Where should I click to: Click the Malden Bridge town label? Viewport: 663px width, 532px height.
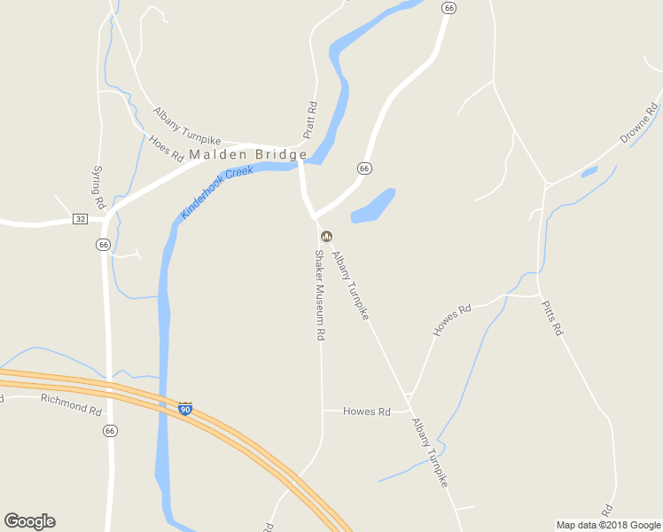click(x=248, y=154)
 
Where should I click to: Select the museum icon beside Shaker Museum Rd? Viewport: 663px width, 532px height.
click(x=326, y=236)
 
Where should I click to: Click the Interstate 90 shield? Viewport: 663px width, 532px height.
click(x=184, y=409)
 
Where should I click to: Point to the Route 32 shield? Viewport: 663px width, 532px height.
click(x=81, y=219)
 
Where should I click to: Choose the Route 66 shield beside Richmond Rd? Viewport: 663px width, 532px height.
click(x=109, y=431)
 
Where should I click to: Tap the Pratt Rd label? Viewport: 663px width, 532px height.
click(x=310, y=120)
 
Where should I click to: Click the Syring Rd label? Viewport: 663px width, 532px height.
click(x=97, y=181)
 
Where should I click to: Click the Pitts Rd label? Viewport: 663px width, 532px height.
click(x=551, y=317)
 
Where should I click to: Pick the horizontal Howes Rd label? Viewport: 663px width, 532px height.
click(x=367, y=411)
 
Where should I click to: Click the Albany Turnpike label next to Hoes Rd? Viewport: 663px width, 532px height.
click(x=186, y=126)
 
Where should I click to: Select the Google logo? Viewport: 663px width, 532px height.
click(x=29, y=521)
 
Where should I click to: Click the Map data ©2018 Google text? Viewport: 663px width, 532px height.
click(x=608, y=525)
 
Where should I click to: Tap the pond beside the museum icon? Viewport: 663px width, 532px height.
click(x=372, y=207)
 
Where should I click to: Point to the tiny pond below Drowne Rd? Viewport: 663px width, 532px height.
click(x=589, y=172)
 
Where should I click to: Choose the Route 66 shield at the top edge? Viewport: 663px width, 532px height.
click(x=449, y=7)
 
